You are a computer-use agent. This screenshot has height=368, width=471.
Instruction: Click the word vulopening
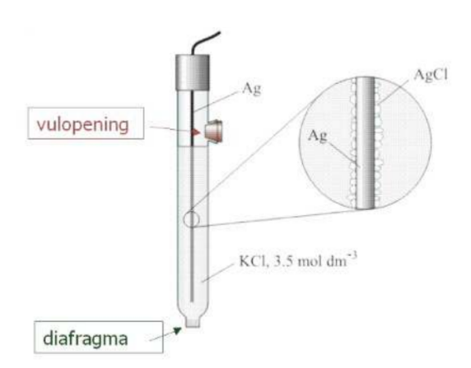(x=82, y=124)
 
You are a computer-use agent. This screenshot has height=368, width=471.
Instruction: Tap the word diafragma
(x=86, y=338)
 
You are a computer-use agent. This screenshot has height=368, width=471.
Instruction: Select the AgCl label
(x=431, y=74)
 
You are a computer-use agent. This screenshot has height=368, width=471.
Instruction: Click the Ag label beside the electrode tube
(x=252, y=88)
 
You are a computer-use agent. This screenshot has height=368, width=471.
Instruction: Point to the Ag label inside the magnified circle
(x=317, y=136)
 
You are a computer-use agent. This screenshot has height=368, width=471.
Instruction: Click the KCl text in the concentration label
(x=253, y=261)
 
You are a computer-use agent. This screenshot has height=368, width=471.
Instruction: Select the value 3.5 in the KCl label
(x=282, y=261)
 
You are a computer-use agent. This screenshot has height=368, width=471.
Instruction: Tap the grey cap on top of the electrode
(x=192, y=72)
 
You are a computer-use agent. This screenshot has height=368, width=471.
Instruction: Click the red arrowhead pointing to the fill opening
(x=195, y=132)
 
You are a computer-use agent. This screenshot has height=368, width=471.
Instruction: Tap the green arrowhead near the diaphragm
(x=178, y=330)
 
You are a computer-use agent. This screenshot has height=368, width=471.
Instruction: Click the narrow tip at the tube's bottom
(x=193, y=323)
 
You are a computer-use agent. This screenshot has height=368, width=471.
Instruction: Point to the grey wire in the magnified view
(x=366, y=142)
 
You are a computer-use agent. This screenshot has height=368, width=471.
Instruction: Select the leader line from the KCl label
(x=217, y=273)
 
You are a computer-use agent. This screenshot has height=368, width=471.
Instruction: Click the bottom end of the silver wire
(x=192, y=301)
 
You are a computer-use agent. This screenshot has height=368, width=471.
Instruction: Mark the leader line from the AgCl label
(x=394, y=92)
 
